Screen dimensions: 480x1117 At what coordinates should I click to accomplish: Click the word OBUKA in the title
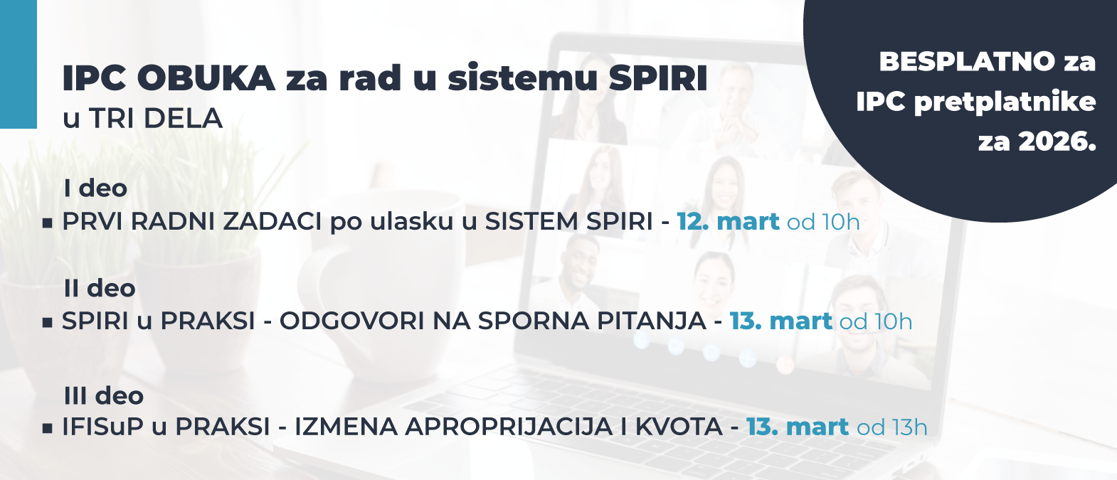206,78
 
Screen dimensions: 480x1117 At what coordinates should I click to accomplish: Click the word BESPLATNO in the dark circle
967,62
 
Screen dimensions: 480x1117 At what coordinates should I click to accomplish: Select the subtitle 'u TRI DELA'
142,118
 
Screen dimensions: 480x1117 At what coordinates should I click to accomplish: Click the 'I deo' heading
95,188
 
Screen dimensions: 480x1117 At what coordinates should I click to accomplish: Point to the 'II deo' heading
99,288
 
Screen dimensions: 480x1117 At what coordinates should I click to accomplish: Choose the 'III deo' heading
103,395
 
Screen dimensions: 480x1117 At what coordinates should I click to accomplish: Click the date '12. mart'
728,222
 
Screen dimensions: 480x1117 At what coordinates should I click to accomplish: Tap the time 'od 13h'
892,427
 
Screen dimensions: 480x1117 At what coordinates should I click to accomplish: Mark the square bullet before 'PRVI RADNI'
48,223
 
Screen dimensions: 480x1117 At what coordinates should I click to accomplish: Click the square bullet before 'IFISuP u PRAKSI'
48,428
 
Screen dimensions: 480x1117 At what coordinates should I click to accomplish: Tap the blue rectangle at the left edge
18,64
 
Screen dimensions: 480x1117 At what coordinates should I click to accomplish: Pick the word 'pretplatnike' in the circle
1005,102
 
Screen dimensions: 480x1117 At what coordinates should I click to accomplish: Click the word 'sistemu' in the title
522,78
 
